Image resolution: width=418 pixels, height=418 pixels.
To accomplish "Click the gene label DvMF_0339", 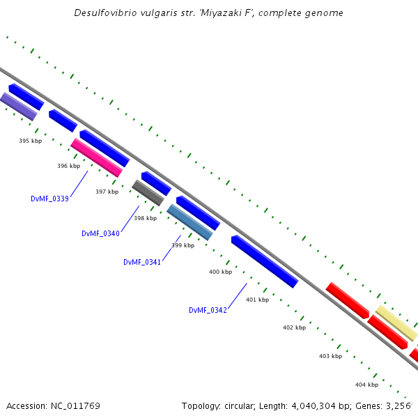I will (x=49, y=199).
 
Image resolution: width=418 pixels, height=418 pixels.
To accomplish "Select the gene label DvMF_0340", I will (x=100, y=233).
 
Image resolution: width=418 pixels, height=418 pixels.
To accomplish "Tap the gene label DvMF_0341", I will (x=142, y=262).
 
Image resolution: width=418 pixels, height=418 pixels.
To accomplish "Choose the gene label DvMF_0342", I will (x=208, y=310).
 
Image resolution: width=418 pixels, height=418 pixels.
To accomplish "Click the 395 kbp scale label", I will (x=30, y=141).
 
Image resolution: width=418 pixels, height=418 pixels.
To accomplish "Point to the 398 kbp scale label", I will (x=145, y=218).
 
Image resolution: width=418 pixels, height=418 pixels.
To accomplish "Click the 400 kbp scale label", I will (x=220, y=272).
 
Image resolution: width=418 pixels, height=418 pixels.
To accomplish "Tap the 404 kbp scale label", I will (x=366, y=385).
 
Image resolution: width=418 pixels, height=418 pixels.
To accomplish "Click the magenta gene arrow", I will (x=96, y=157).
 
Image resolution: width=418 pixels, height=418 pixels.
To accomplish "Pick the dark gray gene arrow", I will (x=148, y=193).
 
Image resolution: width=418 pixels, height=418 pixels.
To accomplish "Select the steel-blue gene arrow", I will (x=189, y=222).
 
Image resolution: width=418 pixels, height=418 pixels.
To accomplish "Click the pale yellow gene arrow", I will (x=396, y=323).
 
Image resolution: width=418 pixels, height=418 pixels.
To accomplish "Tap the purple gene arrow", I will (x=18, y=107).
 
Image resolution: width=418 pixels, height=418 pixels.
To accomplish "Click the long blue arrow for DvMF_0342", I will (x=265, y=261).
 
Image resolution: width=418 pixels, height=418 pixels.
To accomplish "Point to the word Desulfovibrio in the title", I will (x=106, y=13).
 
